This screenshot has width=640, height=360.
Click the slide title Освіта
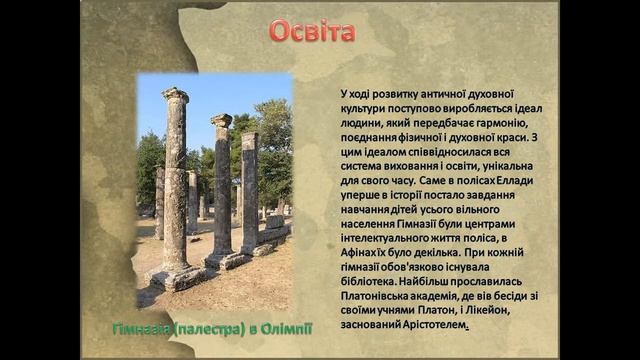pos(312,31)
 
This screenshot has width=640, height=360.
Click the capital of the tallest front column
pos(175,96)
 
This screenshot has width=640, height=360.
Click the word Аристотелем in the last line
pos(431,325)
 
